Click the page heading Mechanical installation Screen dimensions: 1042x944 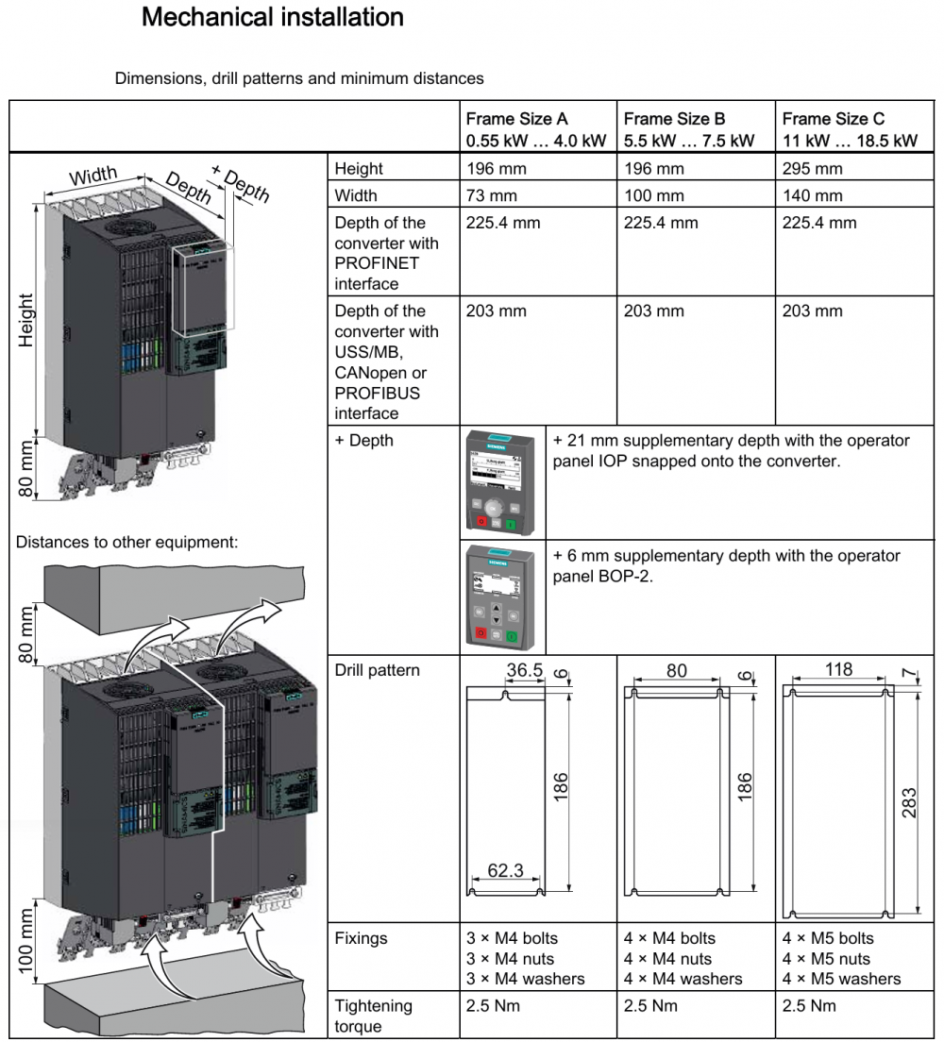point(272,17)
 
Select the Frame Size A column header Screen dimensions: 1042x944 point(535,129)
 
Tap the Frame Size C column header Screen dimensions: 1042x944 point(850,129)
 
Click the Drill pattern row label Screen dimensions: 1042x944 point(378,671)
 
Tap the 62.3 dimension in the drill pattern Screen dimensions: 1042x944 point(505,870)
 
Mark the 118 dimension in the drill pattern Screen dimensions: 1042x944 point(838,670)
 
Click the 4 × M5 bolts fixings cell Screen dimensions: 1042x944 point(828,938)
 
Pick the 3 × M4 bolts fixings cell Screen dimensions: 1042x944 point(512,938)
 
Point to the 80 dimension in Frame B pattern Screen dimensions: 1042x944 point(676,670)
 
